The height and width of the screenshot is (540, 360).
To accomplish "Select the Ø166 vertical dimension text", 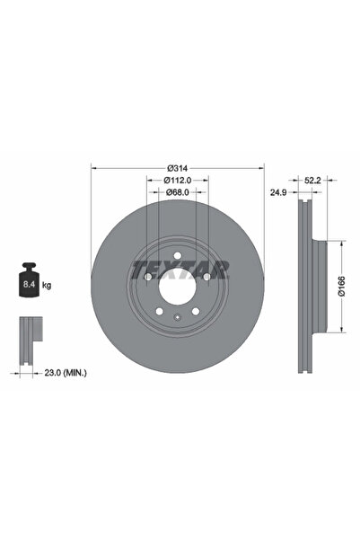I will coord(342,287).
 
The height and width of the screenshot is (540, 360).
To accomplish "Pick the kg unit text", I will coord(47,285).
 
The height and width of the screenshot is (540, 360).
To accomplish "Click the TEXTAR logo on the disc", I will coord(180,268).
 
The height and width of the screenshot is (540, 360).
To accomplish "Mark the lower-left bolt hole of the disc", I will coord(160,311).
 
